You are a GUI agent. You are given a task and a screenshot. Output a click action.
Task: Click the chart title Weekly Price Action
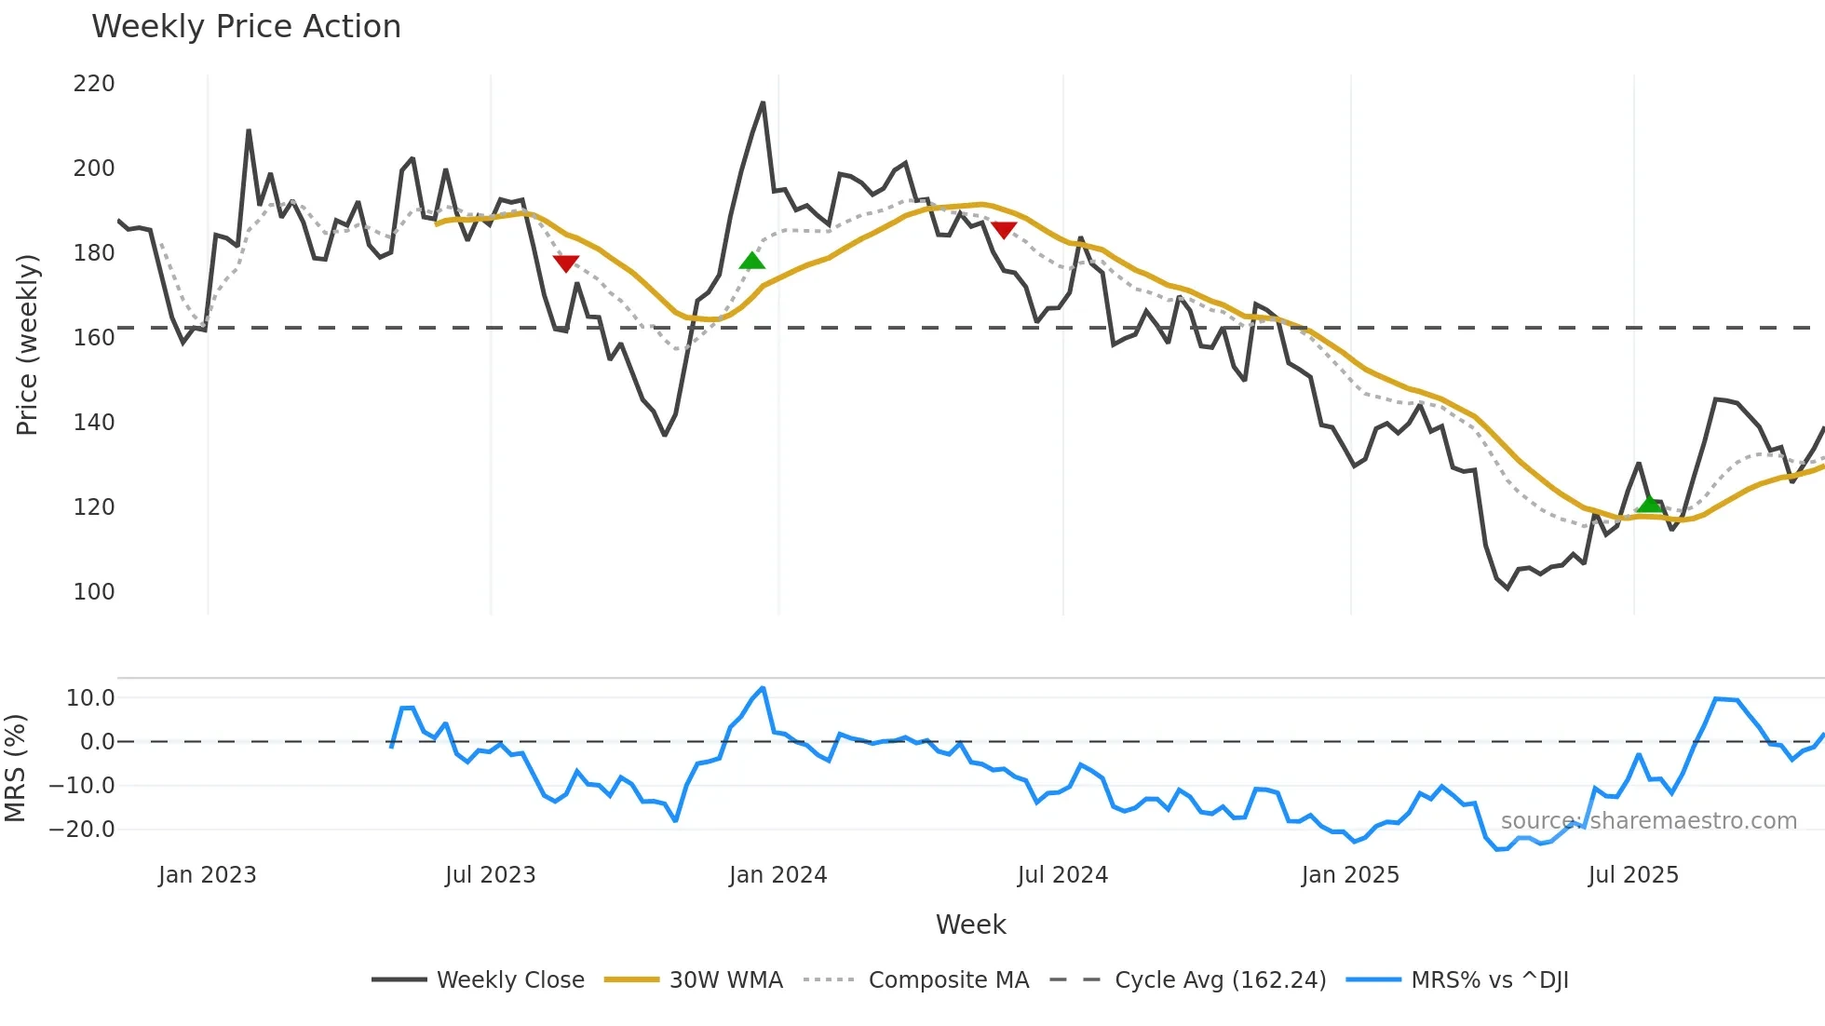click(x=246, y=27)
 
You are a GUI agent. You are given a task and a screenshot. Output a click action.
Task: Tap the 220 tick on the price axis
click(x=94, y=84)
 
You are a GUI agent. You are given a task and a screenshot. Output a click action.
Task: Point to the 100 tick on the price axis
click(x=94, y=592)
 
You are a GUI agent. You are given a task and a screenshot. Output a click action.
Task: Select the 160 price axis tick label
click(x=94, y=338)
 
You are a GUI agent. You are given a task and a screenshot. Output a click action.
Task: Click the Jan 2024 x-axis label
click(x=777, y=875)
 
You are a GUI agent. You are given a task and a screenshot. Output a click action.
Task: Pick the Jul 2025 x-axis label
click(x=1633, y=875)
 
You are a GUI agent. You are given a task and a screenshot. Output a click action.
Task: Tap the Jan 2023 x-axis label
click(x=207, y=875)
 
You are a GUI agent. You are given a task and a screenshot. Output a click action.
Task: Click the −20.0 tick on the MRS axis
click(x=82, y=830)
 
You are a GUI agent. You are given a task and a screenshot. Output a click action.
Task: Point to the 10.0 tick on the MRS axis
click(x=90, y=698)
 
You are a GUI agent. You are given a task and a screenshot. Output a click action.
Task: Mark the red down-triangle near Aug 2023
click(x=566, y=263)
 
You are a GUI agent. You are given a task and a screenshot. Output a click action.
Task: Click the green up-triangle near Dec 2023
click(x=751, y=261)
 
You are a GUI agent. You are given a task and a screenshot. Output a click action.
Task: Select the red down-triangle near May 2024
click(x=1004, y=230)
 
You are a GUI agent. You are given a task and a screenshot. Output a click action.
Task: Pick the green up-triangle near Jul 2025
click(x=1649, y=505)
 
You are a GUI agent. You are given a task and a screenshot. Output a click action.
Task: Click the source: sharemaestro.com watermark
click(x=1648, y=821)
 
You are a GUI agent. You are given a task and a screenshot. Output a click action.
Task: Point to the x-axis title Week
click(x=970, y=925)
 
